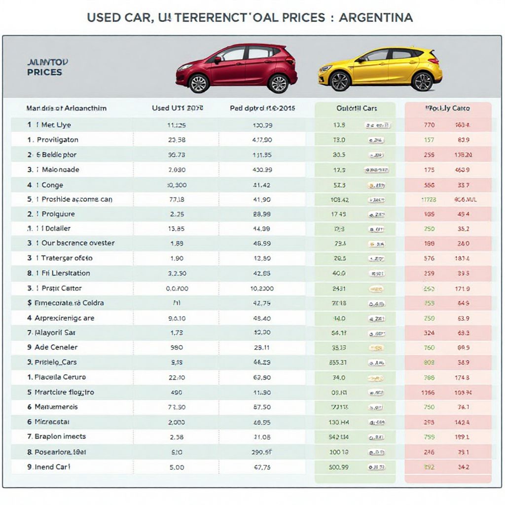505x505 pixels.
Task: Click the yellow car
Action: click(380, 69)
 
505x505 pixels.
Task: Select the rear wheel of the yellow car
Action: click(422, 81)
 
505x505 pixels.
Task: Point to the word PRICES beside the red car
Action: click(44, 72)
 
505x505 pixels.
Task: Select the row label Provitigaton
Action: click(57, 140)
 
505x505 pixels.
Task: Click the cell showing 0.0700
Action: click(177, 289)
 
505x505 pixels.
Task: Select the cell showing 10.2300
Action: click(262, 289)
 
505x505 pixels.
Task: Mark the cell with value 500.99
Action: click(339, 467)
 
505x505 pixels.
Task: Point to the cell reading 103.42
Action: click(339, 200)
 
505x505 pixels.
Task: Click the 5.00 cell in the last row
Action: click(177, 467)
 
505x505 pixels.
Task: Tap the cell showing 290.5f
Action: click(262, 452)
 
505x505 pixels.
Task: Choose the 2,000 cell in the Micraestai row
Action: click(177, 422)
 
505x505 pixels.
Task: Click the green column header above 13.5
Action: click(355, 108)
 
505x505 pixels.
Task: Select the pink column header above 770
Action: click(447, 108)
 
